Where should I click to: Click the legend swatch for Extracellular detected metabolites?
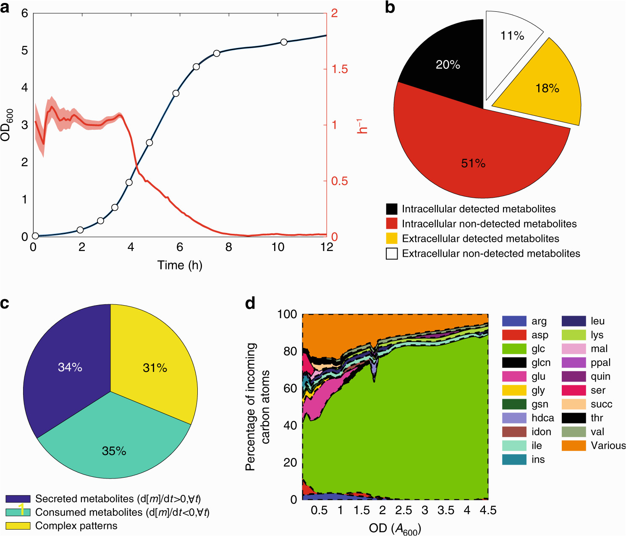tap(392, 238)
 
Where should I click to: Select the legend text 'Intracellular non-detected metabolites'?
tap(489, 224)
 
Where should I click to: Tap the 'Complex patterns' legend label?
tap(76, 526)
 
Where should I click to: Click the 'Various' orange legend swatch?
tap(574, 446)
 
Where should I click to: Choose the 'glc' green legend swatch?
tap(514, 349)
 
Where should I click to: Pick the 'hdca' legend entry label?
tap(542, 418)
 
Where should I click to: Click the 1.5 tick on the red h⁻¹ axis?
tap(340, 69)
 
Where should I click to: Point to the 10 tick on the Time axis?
tap(278, 247)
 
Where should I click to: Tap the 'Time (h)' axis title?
tap(180, 265)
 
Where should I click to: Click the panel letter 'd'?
tap(250, 303)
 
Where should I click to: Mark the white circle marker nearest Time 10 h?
tap(284, 42)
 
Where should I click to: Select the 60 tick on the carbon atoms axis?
tap(290, 388)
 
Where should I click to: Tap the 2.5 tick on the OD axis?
tap(403, 510)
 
